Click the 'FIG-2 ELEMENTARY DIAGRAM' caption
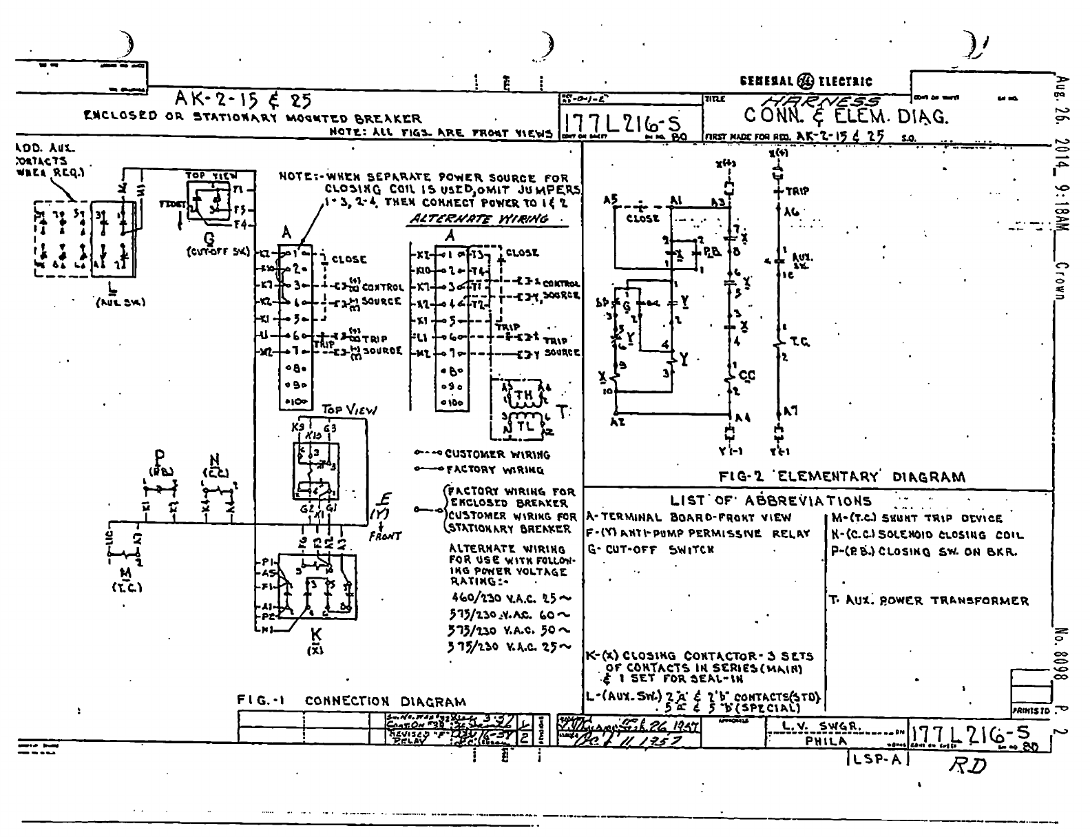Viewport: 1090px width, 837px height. click(x=841, y=477)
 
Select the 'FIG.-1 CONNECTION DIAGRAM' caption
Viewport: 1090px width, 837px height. click(x=350, y=701)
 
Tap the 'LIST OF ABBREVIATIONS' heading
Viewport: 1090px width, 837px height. click(x=771, y=501)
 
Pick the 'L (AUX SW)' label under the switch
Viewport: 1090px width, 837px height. click(x=111, y=292)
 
